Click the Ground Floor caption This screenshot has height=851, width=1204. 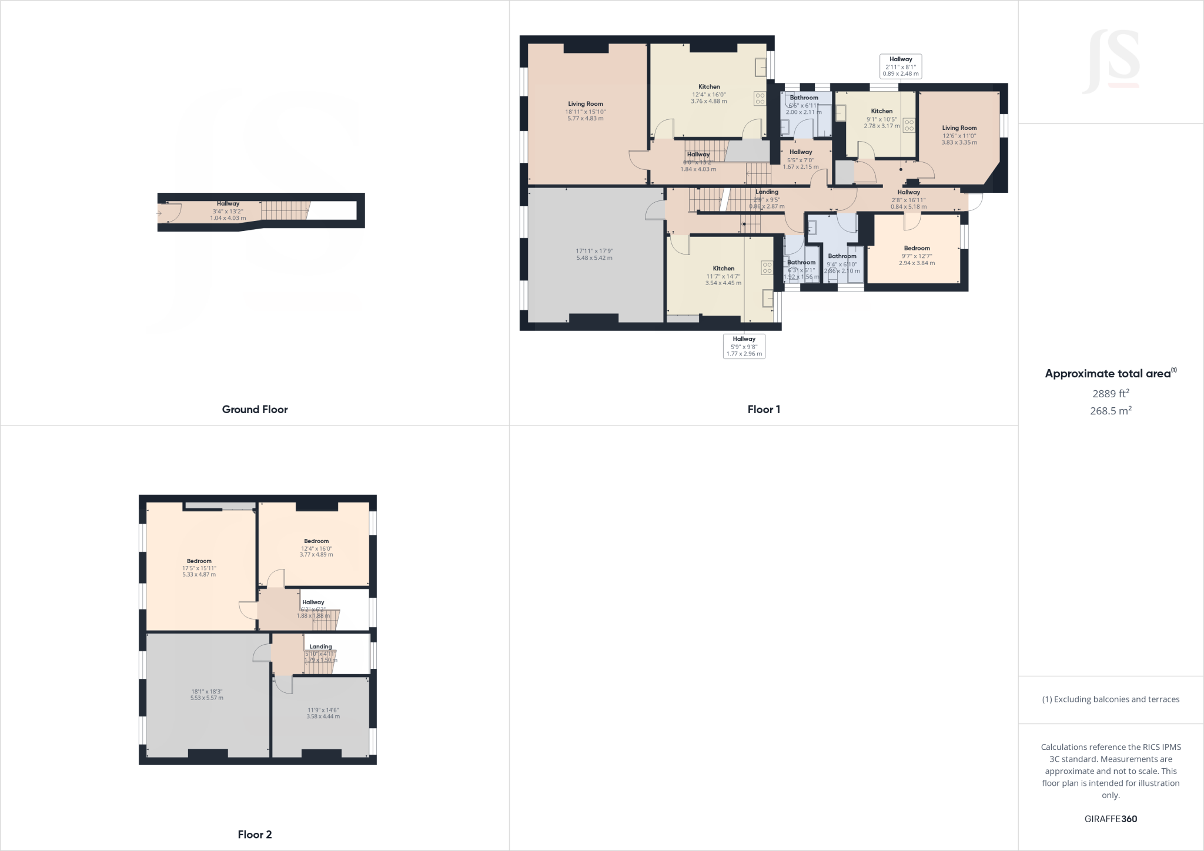tap(255, 410)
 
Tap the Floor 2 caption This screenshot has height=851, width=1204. tap(255, 835)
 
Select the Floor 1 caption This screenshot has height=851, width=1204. tap(764, 410)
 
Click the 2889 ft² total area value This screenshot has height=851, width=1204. tap(1111, 393)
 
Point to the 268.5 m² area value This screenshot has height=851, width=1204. tap(1111, 411)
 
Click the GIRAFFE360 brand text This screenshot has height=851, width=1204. tap(1111, 819)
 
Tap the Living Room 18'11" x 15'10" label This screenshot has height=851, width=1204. tap(586, 111)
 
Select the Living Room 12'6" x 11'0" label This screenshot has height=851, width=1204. tap(959, 135)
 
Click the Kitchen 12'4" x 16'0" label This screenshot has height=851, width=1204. tap(709, 94)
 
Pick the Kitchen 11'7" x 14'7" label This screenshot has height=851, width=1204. tap(723, 276)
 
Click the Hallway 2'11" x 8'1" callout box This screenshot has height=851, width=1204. tap(900, 66)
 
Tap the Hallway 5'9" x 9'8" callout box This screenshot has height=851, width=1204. tap(744, 346)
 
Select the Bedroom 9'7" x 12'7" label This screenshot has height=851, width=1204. tap(917, 256)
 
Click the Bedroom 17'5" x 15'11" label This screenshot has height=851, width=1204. tap(199, 568)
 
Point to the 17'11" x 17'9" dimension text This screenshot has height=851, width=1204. tap(594, 254)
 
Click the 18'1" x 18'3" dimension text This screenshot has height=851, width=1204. tap(206, 695)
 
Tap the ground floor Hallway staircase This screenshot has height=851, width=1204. tap(285, 210)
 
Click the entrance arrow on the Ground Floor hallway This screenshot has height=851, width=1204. tap(159, 213)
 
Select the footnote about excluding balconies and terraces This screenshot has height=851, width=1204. tap(1111, 699)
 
